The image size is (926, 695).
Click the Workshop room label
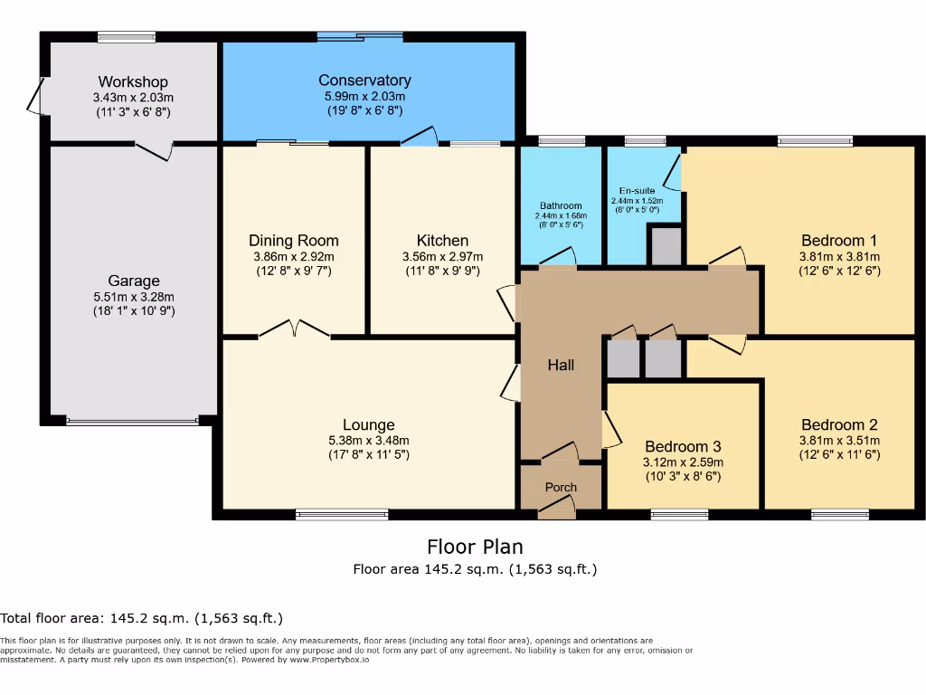pyautogui.click(x=133, y=81)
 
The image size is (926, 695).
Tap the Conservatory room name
pyautogui.click(x=364, y=80)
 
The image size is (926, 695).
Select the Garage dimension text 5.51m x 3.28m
pyautogui.click(x=134, y=297)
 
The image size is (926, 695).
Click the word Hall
pyautogui.click(x=561, y=365)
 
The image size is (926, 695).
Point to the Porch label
pyautogui.click(x=561, y=487)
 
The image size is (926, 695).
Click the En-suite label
pyautogui.click(x=637, y=190)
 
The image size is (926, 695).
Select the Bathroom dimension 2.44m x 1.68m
pyautogui.click(x=561, y=215)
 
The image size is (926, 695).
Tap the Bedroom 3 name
pyautogui.click(x=683, y=446)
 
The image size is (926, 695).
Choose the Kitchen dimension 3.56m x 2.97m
pyautogui.click(x=442, y=256)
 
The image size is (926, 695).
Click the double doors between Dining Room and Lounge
pyautogui.click(x=294, y=329)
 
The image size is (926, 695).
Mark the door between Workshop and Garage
pyautogui.click(x=155, y=149)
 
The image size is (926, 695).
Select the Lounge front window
pyautogui.click(x=342, y=515)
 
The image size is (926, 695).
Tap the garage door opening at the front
pyautogui.click(x=132, y=421)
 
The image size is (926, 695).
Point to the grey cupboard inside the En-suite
pyautogui.click(x=666, y=244)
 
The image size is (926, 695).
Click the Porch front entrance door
pyautogui.click(x=557, y=508)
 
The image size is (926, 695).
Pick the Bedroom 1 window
pyautogui.click(x=815, y=140)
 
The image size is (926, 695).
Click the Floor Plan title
pyautogui.click(x=475, y=547)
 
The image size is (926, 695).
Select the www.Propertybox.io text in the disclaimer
pyautogui.click(x=329, y=660)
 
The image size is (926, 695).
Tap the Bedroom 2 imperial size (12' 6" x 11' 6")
pyautogui.click(x=839, y=454)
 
